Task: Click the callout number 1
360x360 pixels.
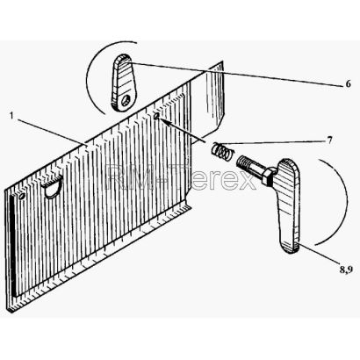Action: pyautogui.click(x=11, y=115)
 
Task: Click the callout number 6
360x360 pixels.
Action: pyautogui.click(x=348, y=84)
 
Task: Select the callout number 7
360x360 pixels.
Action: pyautogui.click(x=329, y=140)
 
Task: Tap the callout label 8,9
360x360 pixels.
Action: pyautogui.click(x=346, y=270)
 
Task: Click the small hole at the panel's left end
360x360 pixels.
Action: pyautogui.click(x=21, y=197)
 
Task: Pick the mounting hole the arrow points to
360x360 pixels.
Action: pyautogui.click(x=155, y=116)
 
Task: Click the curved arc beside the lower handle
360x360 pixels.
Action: pyautogui.click(x=346, y=202)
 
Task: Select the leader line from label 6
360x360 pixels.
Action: pyautogui.click(x=235, y=74)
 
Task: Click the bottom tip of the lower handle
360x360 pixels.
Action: pyautogui.click(x=291, y=251)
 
